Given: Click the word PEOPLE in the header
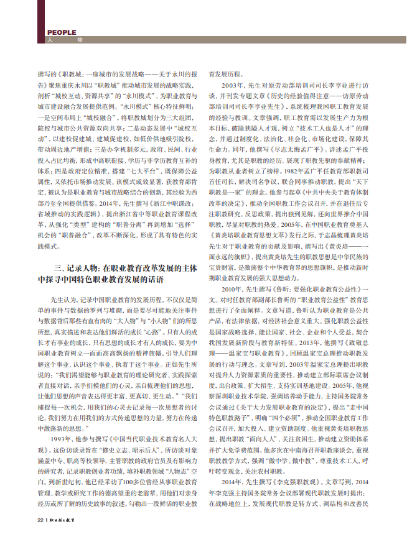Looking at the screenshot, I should click(62, 32).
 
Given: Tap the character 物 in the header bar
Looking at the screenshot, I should click(80, 40).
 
